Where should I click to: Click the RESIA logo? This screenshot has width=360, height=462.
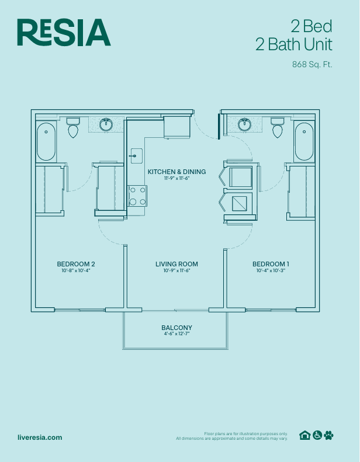(x=64, y=32)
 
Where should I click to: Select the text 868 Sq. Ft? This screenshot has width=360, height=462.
(x=312, y=65)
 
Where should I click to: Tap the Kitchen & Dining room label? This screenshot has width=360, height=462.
(x=176, y=172)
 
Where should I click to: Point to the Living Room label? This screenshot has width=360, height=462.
(x=176, y=264)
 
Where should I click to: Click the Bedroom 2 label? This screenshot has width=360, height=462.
(x=75, y=264)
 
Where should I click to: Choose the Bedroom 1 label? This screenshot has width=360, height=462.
(x=271, y=264)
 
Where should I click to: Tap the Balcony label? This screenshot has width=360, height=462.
(x=176, y=328)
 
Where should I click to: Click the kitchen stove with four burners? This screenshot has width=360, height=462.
(x=137, y=195)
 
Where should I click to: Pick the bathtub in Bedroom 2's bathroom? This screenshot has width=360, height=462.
(x=46, y=141)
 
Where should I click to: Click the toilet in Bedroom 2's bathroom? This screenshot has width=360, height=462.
(x=73, y=128)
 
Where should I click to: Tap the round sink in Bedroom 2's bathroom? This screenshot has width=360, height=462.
(x=106, y=124)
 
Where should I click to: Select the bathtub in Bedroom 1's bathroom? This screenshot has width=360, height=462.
(x=303, y=141)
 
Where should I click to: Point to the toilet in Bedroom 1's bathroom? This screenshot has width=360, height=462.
(x=277, y=128)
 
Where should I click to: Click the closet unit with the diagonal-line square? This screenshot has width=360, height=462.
(x=240, y=203)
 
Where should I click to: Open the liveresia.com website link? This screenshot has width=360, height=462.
(x=40, y=437)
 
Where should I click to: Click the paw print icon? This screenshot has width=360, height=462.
(x=329, y=435)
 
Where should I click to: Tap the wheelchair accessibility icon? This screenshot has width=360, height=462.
(x=317, y=435)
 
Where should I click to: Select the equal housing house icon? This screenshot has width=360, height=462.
(x=304, y=435)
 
